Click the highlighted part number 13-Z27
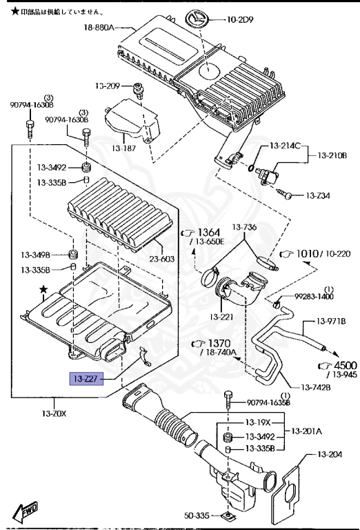(84, 378)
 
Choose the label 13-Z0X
(54, 414)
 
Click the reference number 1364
(210, 231)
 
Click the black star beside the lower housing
(44, 291)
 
